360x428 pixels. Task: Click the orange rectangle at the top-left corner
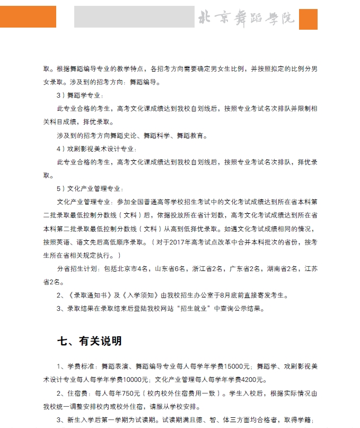28,16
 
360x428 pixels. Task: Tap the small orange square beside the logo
308,19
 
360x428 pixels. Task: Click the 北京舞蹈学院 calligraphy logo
246,18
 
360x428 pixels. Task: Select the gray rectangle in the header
134,17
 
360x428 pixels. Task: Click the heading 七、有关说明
90,340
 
